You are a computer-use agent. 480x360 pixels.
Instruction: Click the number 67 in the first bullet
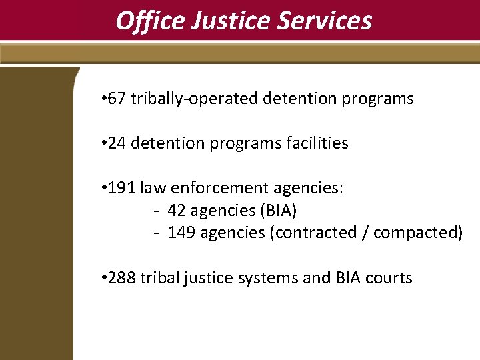coord(116,99)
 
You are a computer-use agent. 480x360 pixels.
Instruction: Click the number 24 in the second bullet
coord(116,143)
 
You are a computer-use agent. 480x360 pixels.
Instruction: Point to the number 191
coord(121,189)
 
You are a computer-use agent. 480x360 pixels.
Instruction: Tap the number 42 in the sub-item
coord(177,211)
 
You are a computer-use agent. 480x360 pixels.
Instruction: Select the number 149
coord(181,233)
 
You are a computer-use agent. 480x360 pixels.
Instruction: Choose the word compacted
coord(417,233)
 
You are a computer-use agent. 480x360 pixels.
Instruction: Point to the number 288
coord(121,278)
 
